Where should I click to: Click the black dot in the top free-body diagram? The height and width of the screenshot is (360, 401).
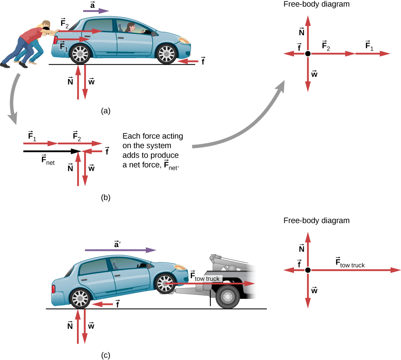pos(308,54)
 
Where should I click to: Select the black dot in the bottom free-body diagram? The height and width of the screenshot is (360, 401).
pos(308,270)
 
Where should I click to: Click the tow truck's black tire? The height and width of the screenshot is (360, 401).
pos(227,297)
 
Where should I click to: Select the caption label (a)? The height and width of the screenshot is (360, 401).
pos(106,111)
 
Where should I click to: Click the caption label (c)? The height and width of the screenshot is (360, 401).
pos(106,355)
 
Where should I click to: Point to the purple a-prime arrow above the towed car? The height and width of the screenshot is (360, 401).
pos(120,250)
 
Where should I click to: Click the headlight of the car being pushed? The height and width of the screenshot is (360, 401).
pos(184,40)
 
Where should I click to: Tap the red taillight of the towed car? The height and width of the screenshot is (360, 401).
pos(53,289)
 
